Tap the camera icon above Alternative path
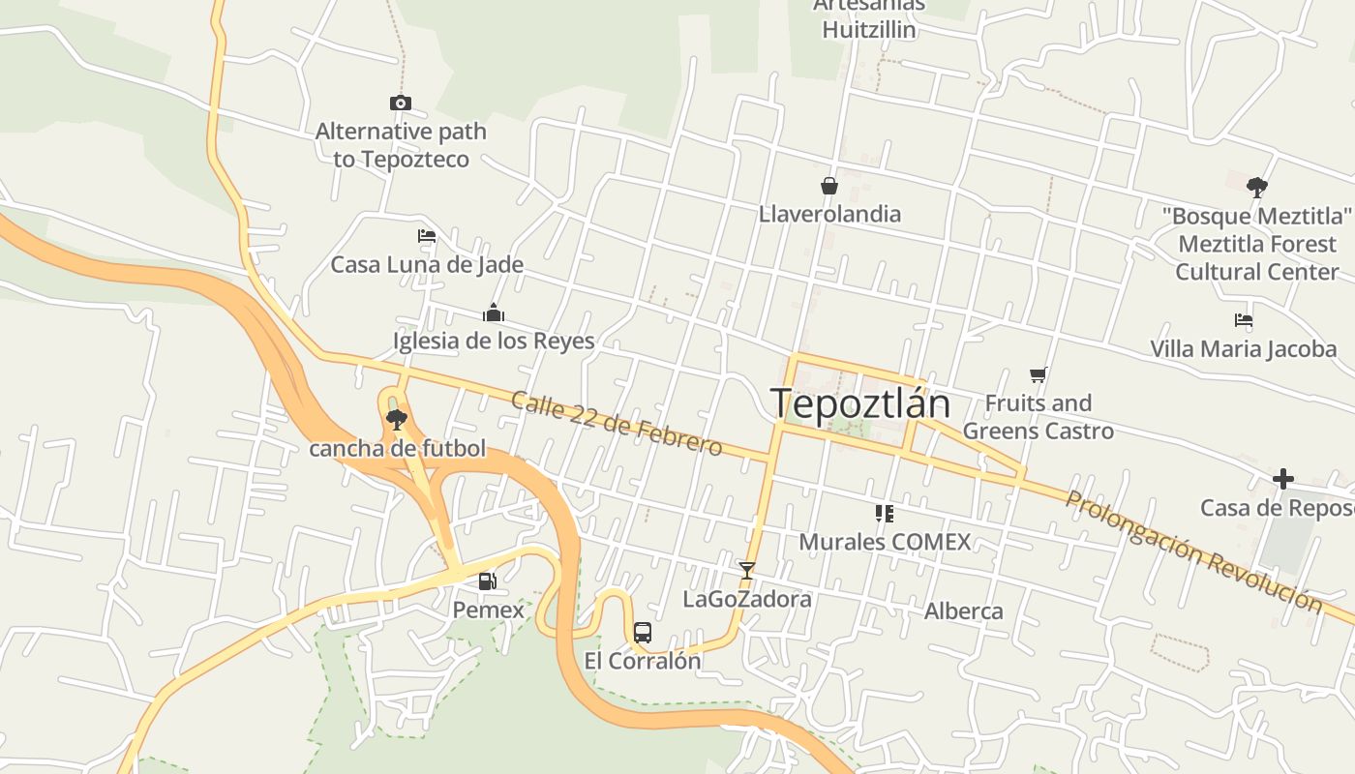[401, 103]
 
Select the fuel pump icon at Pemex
[488, 581]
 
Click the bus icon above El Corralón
[642, 633]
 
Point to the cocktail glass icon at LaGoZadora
[746, 570]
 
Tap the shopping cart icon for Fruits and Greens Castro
[1039, 374]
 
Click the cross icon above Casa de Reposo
[1282, 479]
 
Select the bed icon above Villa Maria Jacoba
[1244, 320]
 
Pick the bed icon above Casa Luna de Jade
[427, 236]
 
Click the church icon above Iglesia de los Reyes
[494, 313]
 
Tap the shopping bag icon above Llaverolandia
[829, 185]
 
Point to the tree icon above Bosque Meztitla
[1257, 187]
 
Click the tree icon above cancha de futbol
[396, 419]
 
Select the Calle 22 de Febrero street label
[617, 424]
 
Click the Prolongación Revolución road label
[1193, 551]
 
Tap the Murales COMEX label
[884, 542]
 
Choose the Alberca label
[963, 611]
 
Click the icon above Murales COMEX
[884, 513]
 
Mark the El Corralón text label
[642, 661]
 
